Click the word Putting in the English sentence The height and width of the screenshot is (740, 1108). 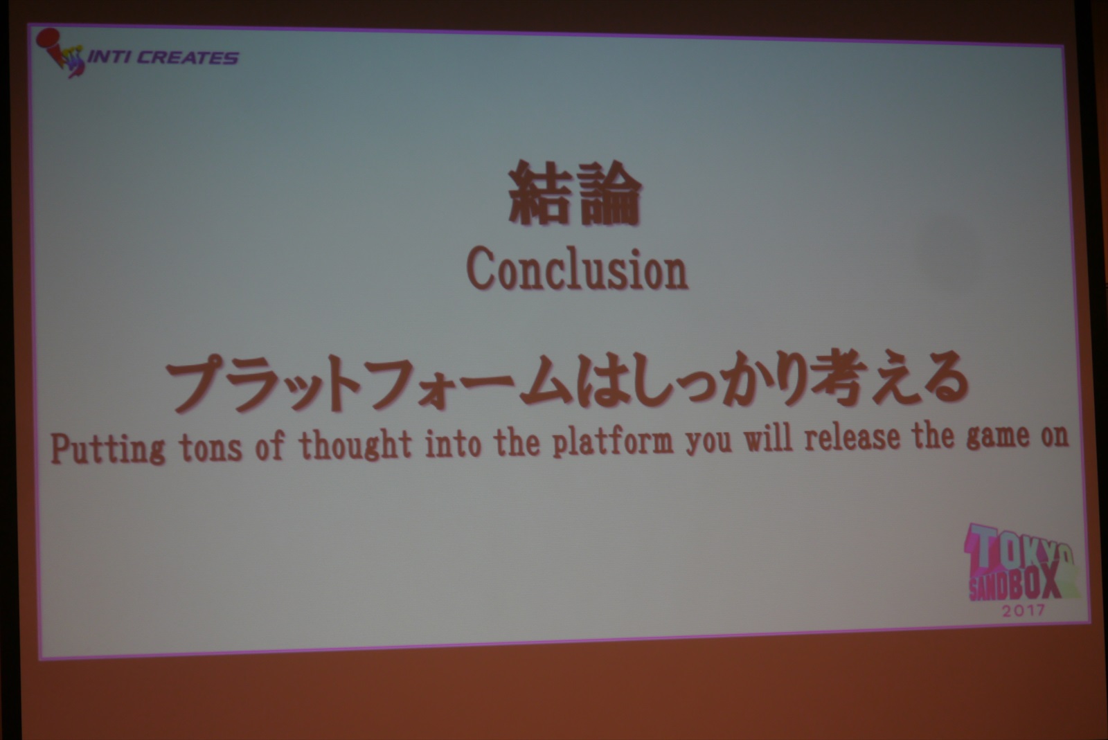pos(107,449)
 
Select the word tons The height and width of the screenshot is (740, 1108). pos(211,447)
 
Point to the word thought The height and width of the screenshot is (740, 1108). pos(355,445)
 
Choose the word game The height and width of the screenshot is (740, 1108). pos(998,437)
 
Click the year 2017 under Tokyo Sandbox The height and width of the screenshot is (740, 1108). pos(1024,611)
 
